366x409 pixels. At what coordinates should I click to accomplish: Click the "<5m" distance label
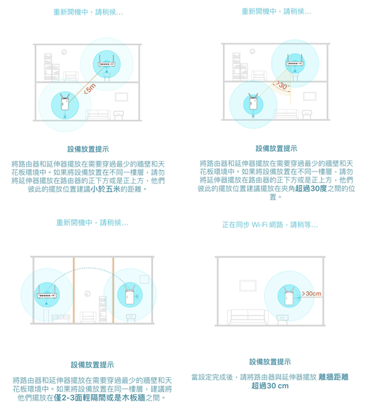90,89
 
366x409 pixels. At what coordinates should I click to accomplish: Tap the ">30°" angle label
282,85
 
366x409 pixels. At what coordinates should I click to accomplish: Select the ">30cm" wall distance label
311,293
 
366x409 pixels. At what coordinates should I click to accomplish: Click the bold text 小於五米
105,189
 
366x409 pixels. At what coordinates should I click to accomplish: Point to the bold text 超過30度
311,189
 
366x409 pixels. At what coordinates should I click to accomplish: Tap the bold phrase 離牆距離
334,377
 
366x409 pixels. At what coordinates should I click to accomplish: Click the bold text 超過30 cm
270,386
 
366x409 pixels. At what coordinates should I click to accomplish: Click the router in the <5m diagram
106,61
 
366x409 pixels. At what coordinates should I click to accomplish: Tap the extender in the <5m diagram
65,102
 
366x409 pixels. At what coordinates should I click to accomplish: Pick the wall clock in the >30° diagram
252,52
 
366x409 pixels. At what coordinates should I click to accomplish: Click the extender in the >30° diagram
253,102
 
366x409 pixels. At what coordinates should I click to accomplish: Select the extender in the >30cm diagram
289,296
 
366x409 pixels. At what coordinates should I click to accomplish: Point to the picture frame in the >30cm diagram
248,285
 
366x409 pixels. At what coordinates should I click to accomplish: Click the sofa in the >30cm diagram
248,316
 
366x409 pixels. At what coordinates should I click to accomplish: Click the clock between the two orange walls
87,294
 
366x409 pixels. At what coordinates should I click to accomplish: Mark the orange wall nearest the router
73,290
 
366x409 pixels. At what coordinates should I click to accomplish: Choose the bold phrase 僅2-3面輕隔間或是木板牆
99,398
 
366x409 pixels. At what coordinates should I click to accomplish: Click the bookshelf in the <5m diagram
51,67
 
